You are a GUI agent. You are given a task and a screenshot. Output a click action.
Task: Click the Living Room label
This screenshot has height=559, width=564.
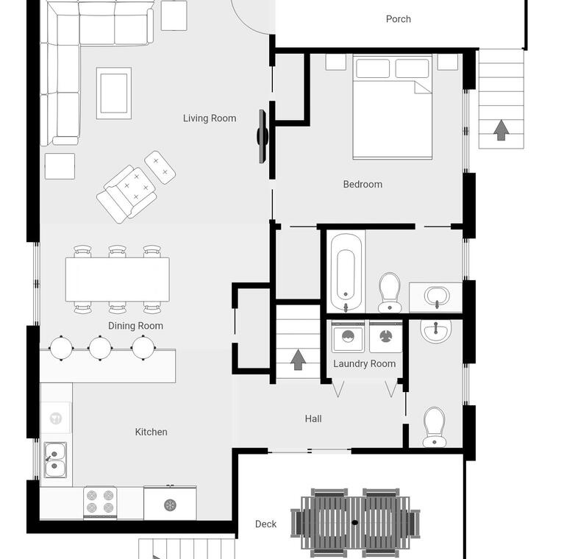[210, 118]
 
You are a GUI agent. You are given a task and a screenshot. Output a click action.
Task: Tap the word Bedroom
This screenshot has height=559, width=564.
[363, 184]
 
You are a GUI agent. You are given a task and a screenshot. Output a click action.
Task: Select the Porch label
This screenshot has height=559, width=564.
[398, 19]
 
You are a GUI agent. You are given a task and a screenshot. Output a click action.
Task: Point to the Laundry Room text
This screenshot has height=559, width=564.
[365, 363]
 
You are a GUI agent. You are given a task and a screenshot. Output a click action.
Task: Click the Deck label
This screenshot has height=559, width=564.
[265, 524]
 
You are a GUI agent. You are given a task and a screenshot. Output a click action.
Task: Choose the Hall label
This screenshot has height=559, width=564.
[313, 419]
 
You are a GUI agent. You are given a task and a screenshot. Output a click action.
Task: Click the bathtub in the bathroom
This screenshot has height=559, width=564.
[346, 272]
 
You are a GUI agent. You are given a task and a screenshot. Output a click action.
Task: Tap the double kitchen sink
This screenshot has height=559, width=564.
[55, 460]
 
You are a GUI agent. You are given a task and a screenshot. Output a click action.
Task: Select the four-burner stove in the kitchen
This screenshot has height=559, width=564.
[100, 503]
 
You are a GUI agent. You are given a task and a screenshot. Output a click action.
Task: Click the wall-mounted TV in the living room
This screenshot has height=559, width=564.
[263, 136]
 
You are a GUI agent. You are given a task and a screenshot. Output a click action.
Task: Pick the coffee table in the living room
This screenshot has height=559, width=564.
[114, 93]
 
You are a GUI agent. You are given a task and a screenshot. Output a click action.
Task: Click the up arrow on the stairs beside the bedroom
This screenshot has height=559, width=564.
[501, 130]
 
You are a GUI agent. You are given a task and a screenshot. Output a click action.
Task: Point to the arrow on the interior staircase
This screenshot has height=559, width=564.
[298, 360]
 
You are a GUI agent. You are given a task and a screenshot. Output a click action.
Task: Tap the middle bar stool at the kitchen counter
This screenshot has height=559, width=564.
[100, 348]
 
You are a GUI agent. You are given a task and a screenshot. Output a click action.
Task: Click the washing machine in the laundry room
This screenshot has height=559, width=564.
[348, 337]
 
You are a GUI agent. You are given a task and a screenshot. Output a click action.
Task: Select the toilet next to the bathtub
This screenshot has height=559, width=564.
[390, 293]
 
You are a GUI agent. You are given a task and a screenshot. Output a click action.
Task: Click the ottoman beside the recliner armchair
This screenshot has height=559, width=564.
[160, 167]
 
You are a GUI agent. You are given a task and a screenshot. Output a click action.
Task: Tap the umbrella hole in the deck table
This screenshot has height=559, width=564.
[355, 522]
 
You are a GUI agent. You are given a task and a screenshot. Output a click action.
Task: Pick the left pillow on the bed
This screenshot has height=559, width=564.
[373, 68]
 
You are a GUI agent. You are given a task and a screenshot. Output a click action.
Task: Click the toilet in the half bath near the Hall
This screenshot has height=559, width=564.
[434, 427]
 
